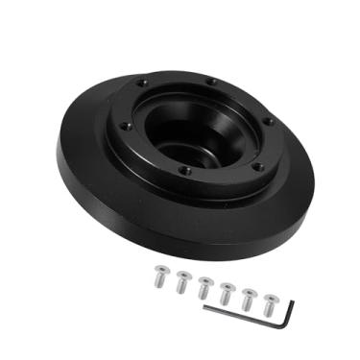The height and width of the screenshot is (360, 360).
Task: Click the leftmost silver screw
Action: click(x=158, y=277)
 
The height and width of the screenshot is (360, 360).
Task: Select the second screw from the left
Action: click(x=181, y=281)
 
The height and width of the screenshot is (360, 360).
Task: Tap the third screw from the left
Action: click(x=204, y=286)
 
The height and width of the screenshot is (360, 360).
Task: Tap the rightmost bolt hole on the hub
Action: click(x=268, y=121)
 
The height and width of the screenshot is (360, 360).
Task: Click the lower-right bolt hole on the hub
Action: click(x=256, y=165)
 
